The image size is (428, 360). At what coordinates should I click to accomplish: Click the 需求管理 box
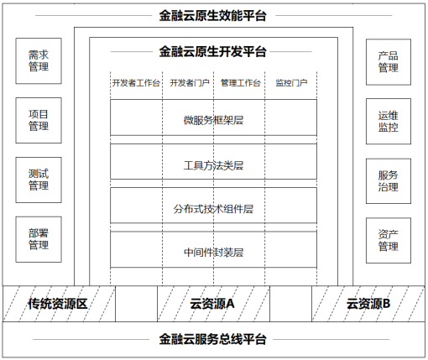pos(39,60)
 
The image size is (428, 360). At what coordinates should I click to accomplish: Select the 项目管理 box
pos(39,120)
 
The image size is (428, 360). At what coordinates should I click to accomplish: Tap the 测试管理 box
pos(39,180)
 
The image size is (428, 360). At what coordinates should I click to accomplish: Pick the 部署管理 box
pos(39,239)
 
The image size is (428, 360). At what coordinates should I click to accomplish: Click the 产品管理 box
pos(389,62)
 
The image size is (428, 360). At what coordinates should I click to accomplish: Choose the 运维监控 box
pos(389,122)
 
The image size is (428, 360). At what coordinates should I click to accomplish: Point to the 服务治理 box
pos(389,181)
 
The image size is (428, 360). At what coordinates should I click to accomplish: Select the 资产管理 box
pos(389,241)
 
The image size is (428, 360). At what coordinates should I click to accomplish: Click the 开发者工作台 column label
pos(136,83)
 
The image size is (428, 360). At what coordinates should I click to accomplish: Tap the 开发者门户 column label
pos(190,83)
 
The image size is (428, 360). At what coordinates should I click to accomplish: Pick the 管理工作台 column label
pos(241,83)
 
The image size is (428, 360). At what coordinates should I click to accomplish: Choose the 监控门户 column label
pos(291,83)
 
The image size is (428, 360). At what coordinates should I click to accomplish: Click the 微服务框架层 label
pos(213,120)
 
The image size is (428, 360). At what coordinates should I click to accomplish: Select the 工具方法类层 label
pos(213,165)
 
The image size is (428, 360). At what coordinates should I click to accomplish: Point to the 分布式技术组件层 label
pos(213,209)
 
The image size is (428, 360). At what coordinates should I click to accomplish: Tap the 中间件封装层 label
pos(213,253)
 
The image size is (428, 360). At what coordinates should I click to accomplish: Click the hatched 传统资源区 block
pos(59,304)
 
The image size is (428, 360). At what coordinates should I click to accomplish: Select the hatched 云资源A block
pos(213,304)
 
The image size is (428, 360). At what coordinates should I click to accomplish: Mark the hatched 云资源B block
pos(368,304)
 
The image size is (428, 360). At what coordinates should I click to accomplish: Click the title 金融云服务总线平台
pos(212,339)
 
